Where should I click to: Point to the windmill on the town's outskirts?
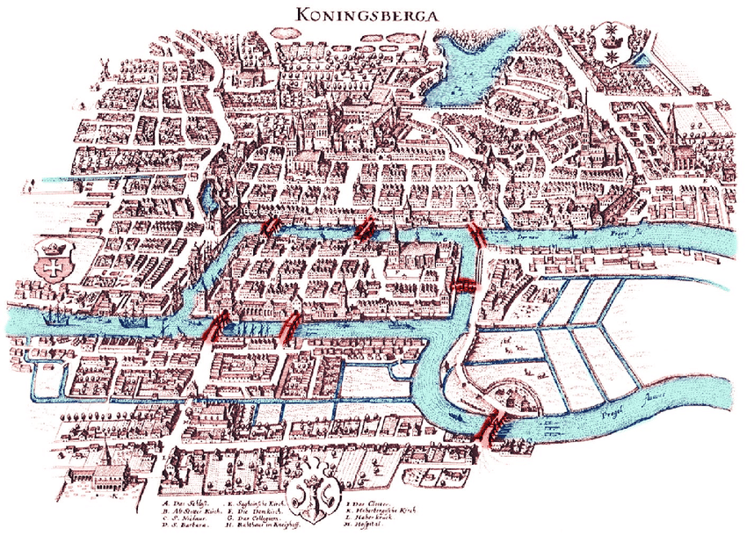pyautogui.click(x=103, y=69)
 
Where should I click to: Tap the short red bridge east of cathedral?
pyautogui.click(x=462, y=284)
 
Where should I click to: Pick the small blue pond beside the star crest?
pyautogui.click(x=639, y=60)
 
